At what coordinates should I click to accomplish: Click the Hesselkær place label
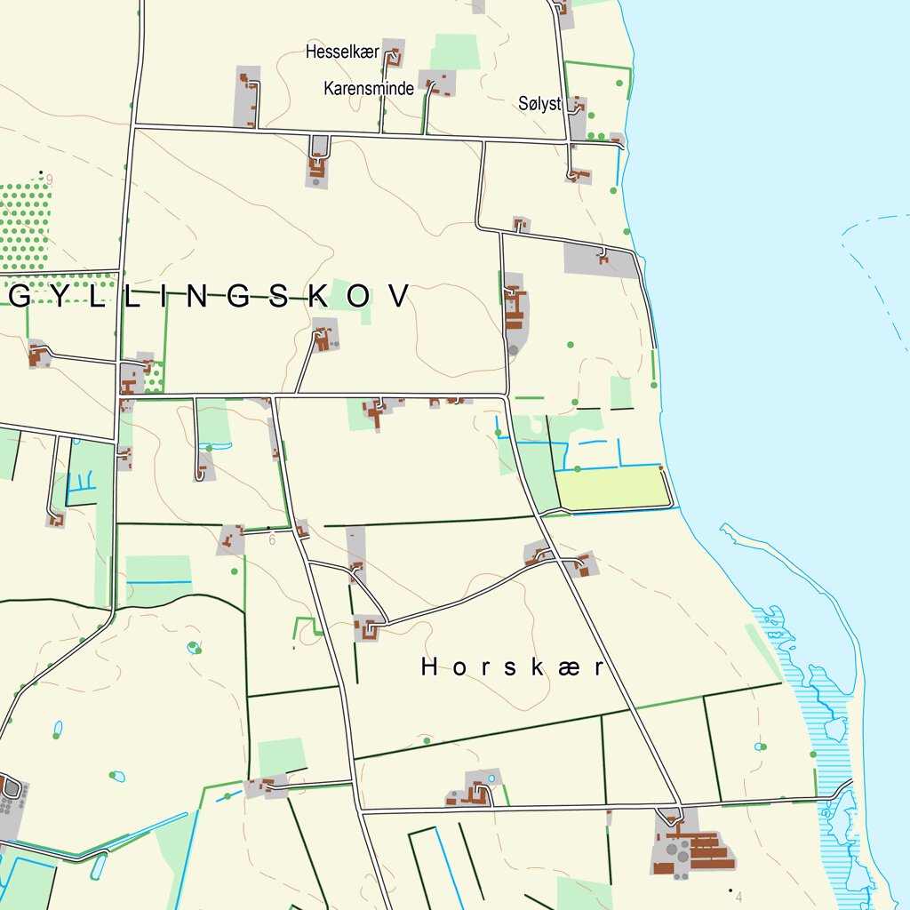point(342,52)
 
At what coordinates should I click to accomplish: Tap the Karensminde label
point(369,89)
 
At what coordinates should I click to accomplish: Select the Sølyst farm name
point(539,104)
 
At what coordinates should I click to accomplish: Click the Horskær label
point(513,667)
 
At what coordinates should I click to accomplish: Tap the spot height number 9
point(50,180)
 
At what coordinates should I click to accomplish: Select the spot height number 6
point(272,539)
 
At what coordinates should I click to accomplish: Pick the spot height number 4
point(738,896)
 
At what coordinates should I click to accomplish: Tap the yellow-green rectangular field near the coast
point(611,488)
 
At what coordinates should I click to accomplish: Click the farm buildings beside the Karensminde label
point(436,84)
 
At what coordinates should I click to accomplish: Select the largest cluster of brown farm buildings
point(698,849)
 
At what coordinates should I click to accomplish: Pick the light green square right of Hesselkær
point(455,52)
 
